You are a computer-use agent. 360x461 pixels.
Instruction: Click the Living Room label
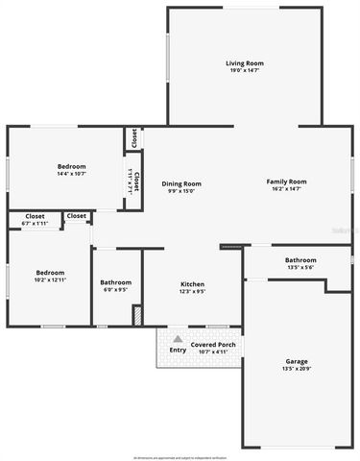(x=245, y=63)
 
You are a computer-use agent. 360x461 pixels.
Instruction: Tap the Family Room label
(x=286, y=182)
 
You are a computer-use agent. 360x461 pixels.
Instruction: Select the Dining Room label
(x=181, y=183)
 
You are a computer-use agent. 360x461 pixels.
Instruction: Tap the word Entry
(x=178, y=350)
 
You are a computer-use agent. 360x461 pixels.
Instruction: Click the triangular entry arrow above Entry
(x=178, y=339)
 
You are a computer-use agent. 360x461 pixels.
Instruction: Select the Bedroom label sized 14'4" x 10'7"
(x=71, y=166)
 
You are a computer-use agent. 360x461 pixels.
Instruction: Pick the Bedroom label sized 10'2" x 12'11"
(x=50, y=273)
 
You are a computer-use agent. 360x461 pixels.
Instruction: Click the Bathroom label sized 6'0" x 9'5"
(x=117, y=281)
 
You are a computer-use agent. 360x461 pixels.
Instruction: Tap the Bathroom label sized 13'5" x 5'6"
(x=300, y=259)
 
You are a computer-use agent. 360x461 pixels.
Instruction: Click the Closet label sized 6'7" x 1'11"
(x=35, y=216)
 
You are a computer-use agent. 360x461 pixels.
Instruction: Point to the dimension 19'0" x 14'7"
(x=245, y=71)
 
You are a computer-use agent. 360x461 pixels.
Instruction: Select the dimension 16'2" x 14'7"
(x=286, y=189)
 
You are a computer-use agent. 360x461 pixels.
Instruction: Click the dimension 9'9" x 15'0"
(x=181, y=191)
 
